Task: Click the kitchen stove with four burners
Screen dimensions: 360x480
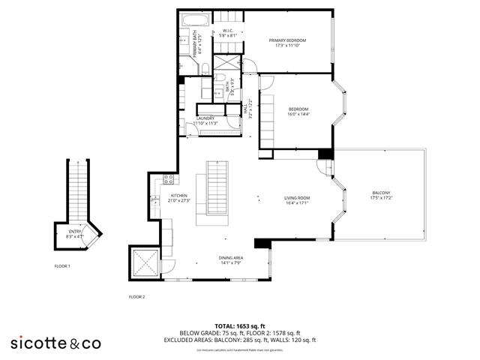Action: click(x=169, y=179)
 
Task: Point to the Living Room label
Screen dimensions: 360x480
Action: click(x=297, y=202)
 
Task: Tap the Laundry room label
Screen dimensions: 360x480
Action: click(x=205, y=121)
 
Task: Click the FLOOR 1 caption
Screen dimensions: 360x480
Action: click(x=62, y=266)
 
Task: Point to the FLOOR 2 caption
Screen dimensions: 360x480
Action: click(x=136, y=297)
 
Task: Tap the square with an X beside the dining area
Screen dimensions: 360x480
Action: click(x=144, y=262)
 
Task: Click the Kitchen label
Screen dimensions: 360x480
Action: click(x=160, y=199)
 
